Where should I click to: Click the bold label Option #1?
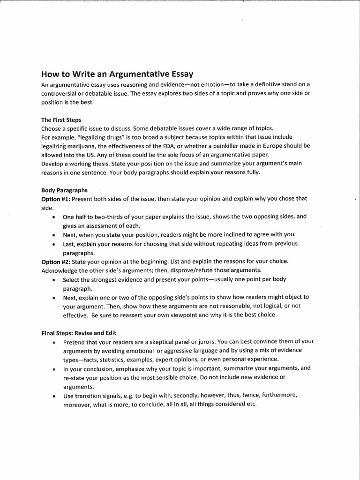click(x=56, y=198)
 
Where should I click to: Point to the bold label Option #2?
click(x=56, y=261)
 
